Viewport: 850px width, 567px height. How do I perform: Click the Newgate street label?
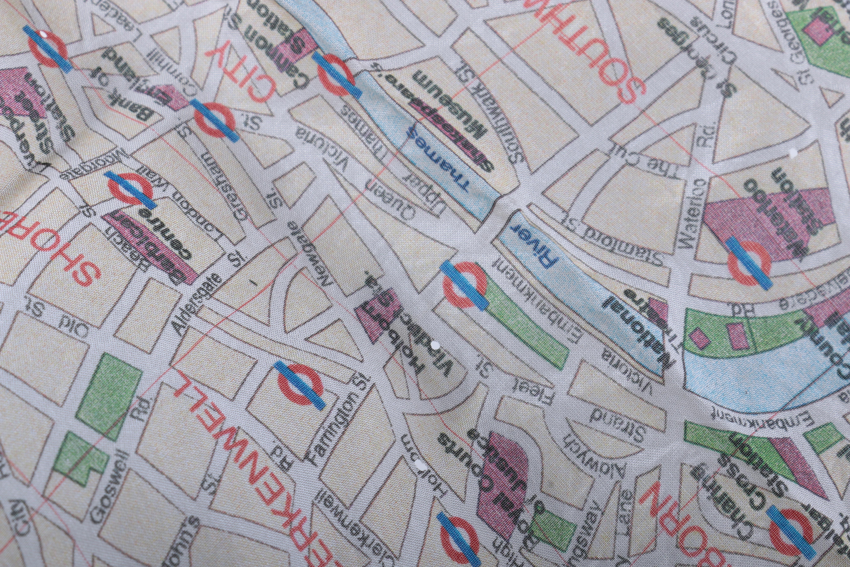[x=313, y=249]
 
